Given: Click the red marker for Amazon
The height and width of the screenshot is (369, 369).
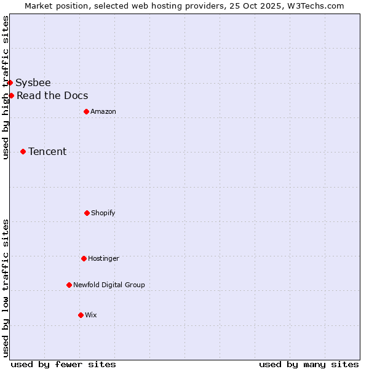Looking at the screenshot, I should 86,111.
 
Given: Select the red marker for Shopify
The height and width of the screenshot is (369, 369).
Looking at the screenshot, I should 87,213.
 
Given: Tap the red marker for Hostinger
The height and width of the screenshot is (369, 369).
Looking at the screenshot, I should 84,258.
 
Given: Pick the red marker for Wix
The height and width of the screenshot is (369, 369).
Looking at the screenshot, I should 81,315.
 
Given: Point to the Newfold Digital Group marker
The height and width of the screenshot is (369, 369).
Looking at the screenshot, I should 69,285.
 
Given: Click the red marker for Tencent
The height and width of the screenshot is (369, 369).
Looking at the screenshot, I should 23,151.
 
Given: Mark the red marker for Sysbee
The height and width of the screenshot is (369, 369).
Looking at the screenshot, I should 10,82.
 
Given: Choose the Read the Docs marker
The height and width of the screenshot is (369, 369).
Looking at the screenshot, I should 11,95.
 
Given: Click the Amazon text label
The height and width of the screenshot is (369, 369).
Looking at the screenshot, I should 103,111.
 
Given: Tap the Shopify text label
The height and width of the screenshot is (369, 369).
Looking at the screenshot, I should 103,213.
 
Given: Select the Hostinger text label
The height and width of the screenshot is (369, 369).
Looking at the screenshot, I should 103,258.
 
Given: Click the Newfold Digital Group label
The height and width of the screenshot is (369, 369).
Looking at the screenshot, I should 109,285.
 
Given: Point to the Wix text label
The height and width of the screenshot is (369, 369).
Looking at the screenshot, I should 91,315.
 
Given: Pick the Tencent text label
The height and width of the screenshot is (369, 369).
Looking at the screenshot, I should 47,151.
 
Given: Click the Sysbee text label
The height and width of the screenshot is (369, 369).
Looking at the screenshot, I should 33,82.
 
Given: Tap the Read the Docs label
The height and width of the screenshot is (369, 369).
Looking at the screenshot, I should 52,95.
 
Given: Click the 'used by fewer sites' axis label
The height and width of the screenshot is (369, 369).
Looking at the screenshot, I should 63,364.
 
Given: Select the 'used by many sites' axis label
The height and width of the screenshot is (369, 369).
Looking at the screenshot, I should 309,364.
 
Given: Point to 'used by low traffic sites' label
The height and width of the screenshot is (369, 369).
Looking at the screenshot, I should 6,287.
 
